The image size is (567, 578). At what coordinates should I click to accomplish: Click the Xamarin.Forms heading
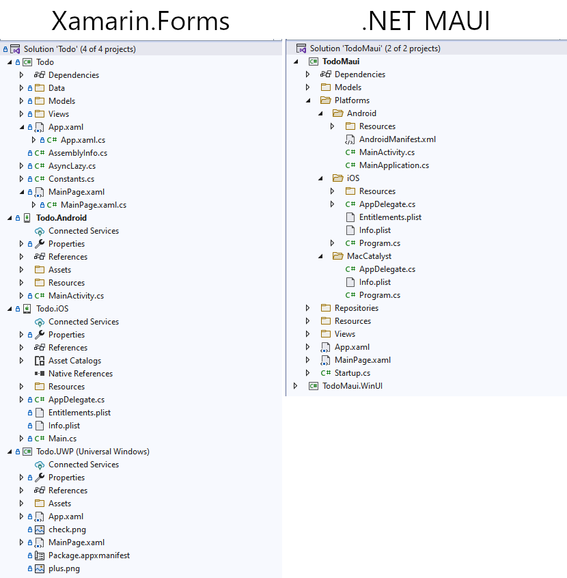tap(141, 20)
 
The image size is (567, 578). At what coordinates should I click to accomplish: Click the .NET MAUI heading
tap(426, 20)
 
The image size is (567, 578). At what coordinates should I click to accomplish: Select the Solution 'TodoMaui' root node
tap(374, 49)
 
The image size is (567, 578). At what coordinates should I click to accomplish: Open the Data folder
tap(57, 88)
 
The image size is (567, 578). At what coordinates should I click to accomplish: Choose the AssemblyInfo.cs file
tap(77, 153)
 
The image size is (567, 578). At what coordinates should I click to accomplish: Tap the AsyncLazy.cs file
tap(72, 166)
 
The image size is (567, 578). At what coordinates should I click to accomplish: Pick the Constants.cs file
tap(71, 179)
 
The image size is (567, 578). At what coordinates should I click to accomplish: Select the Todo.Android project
tap(61, 218)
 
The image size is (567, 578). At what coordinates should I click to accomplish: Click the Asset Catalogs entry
tap(74, 361)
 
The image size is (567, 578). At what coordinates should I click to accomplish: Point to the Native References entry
tap(80, 374)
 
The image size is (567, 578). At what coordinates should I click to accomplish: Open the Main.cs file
tap(62, 439)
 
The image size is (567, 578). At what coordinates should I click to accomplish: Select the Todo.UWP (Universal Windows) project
tap(92, 452)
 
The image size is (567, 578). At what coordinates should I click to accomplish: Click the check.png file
tap(67, 529)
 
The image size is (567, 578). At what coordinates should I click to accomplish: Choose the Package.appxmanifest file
tap(89, 555)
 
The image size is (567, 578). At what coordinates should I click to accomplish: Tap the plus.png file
tap(64, 568)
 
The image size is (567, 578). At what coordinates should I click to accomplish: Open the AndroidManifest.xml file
tap(397, 139)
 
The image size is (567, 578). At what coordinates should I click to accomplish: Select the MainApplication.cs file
tap(394, 165)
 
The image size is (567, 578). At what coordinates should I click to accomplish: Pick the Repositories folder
tap(356, 308)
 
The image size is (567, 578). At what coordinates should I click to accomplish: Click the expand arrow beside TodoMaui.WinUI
tap(295, 386)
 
